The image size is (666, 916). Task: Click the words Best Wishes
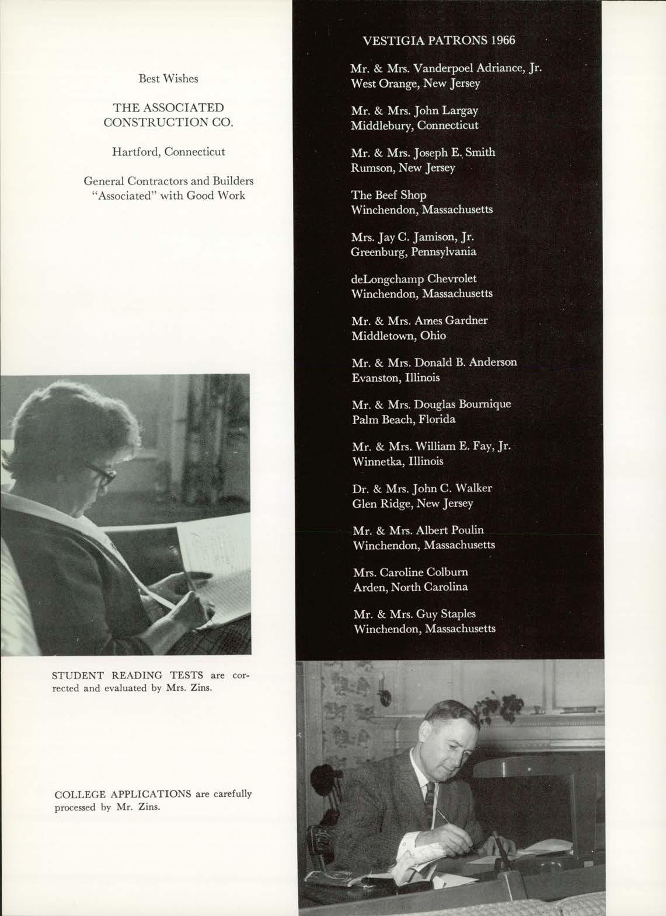tap(168, 78)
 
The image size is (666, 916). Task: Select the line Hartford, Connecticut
tap(168, 152)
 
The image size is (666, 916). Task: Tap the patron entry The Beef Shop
tap(389, 195)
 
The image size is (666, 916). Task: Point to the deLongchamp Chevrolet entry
tap(414, 279)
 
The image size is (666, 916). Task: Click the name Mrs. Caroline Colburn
tap(410, 572)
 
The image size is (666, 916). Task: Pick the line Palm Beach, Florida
tap(404, 419)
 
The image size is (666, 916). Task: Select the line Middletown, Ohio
tap(399, 335)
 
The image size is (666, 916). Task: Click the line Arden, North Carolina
tap(410, 587)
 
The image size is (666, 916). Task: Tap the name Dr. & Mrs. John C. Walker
tap(422, 488)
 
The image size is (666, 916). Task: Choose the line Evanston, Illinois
tap(396, 377)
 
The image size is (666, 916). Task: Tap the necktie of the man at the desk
tap(430, 799)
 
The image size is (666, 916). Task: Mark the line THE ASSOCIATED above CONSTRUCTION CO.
tap(169, 107)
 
